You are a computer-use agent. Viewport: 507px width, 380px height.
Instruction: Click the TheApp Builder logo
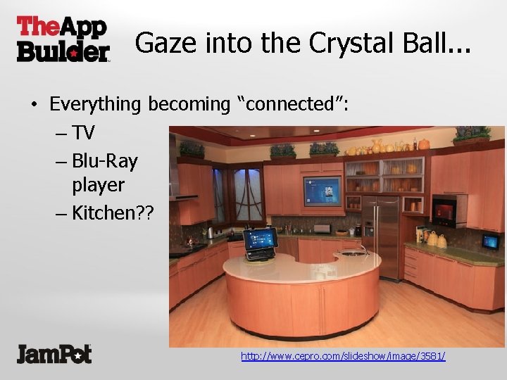[63, 39]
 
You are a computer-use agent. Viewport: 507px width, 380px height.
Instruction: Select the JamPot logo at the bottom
[54, 353]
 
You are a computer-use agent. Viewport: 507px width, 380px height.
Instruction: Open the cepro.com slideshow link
[343, 356]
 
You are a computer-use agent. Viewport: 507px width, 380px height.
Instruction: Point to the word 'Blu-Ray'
[104, 161]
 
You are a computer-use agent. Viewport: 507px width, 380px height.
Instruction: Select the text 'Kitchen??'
[108, 213]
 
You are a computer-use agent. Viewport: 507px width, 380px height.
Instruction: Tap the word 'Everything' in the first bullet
[95, 105]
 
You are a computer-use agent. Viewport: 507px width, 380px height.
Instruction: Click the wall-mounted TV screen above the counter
[321, 190]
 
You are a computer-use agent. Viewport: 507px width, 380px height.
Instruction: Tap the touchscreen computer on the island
[260, 241]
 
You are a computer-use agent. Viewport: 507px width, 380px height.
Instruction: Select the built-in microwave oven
[448, 210]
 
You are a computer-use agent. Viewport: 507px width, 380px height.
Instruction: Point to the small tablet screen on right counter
[490, 242]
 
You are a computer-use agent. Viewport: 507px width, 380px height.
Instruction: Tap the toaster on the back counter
[323, 229]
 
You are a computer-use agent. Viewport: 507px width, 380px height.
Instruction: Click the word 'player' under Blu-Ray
[98, 186]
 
